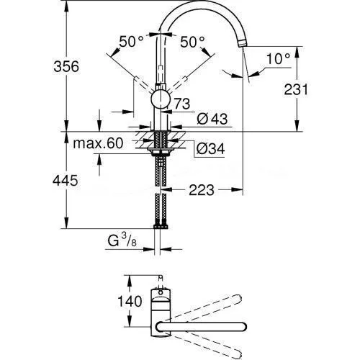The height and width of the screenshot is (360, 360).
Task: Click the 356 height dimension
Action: click(66, 66)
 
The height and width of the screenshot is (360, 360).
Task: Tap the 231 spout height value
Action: click(296, 90)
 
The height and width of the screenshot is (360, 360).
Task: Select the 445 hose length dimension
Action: click(66, 181)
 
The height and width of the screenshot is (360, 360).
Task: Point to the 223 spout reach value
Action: click(202, 190)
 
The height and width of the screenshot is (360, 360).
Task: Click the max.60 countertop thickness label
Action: click(98, 143)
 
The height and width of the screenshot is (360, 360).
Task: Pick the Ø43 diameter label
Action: click(212, 119)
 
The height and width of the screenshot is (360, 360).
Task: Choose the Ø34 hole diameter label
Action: click(210, 149)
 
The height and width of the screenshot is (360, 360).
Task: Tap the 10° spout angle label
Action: click(279, 58)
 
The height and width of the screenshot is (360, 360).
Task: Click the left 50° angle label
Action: click(131, 42)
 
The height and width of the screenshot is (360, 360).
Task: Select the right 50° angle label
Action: click(192, 42)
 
